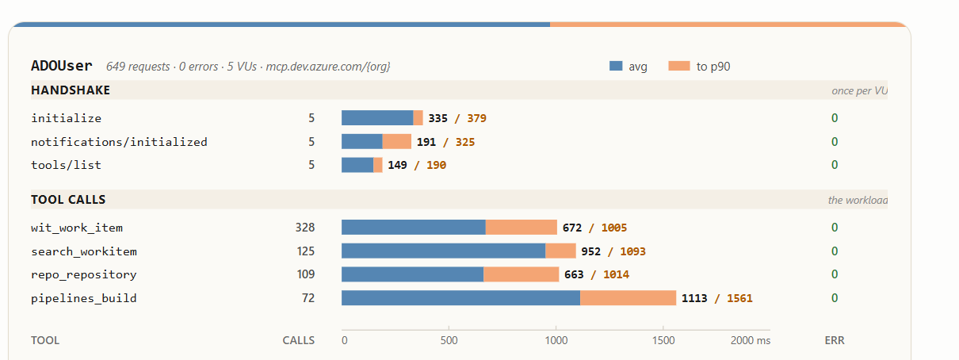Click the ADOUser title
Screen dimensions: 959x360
pos(62,66)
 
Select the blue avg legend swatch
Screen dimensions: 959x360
pos(616,66)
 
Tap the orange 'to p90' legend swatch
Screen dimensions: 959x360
pos(679,66)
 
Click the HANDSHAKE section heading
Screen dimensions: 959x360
pos(71,90)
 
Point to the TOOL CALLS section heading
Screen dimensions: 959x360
pos(68,200)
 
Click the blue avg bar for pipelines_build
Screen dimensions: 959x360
pos(460,298)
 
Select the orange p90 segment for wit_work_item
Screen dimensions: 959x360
pos(521,227)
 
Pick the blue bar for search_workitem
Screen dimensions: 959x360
pos(444,251)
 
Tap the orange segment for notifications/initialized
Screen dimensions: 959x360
pos(396,141)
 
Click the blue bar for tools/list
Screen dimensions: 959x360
pos(357,165)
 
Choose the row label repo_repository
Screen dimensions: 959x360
pos(84,274)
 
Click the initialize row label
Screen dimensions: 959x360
pos(66,118)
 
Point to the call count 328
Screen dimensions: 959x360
pos(305,227)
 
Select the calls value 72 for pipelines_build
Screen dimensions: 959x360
pos(308,298)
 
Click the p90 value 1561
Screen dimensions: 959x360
pos(739,298)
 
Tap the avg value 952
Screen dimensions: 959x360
pos(590,251)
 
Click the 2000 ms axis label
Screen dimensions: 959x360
pos(751,340)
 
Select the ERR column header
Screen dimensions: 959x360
pos(835,340)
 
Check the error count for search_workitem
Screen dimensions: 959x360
pos(835,251)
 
